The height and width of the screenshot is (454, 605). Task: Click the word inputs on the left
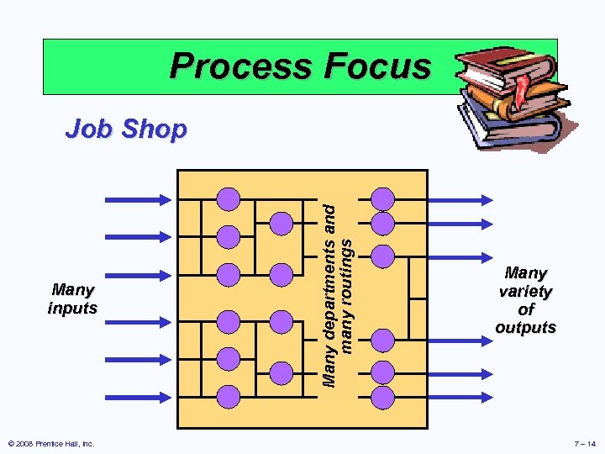[72, 309]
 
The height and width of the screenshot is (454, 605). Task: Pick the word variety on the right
[525, 292]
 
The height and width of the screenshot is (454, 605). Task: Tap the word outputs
[525, 328]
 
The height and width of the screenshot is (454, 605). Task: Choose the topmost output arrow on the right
[458, 199]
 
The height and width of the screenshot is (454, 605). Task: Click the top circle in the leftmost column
[229, 199]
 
